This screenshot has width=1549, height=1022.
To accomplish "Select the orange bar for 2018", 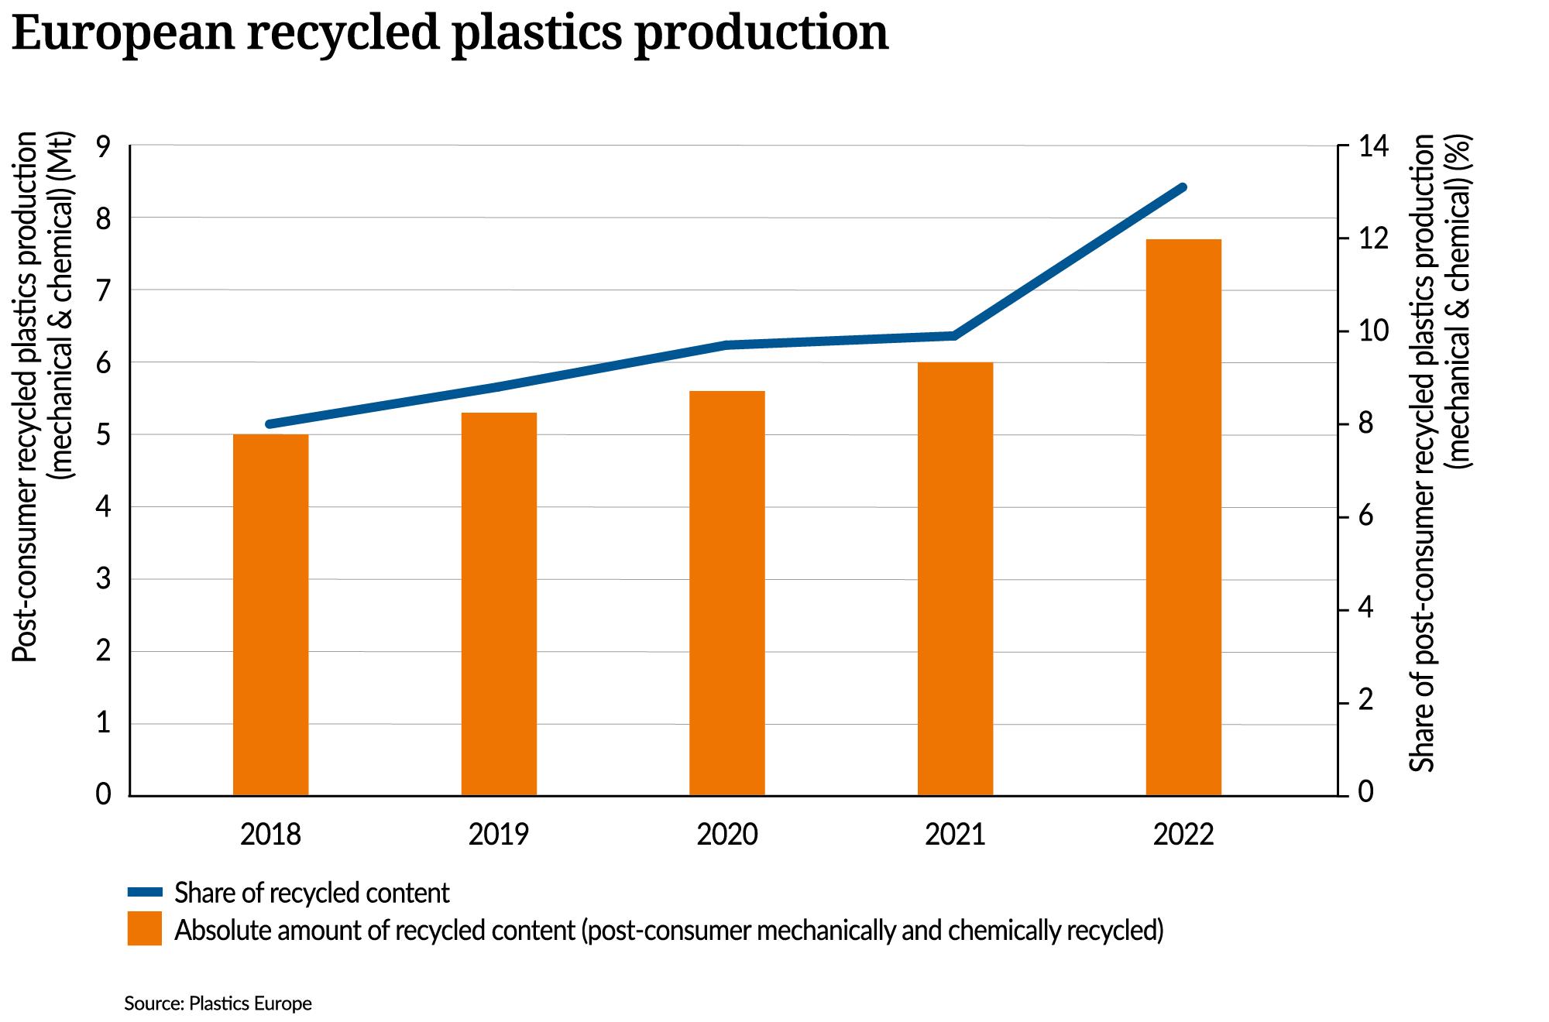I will pyautogui.click(x=270, y=615).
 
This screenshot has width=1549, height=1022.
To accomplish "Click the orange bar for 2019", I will pyautogui.click(x=499, y=604).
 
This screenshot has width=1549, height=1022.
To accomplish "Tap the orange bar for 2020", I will pyautogui.click(x=727, y=593).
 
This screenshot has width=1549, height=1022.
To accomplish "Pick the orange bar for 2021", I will pyautogui.click(x=955, y=578).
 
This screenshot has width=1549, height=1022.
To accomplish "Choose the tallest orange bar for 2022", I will pyautogui.click(x=1183, y=517).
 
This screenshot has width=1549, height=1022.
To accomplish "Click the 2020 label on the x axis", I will pyautogui.click(x=727, y=835).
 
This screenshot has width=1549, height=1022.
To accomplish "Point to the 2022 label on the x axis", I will pyautogui.click(x=1183, y=835).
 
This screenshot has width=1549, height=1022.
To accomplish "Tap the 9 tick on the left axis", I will pyautogui.click(x=104, y=146).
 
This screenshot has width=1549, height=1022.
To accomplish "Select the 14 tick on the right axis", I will pyautogui.click(x=1374, y=146).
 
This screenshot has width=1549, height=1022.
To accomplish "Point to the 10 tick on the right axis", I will pyautogui.click(x=1374, y=331).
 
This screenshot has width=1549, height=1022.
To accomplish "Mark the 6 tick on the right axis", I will pyautogui.click(x=1366, y=516).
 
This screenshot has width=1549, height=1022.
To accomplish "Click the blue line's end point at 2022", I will pyautogui.click(x=1183, y=187).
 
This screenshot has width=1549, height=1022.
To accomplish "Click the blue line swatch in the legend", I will pyautogui.click(x=145, y=893).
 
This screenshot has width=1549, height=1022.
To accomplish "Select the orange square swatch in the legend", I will pyautogui.click(x=145, y=928).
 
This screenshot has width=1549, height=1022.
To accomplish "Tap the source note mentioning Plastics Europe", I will pyautogui.click(x=218, y=1003).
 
